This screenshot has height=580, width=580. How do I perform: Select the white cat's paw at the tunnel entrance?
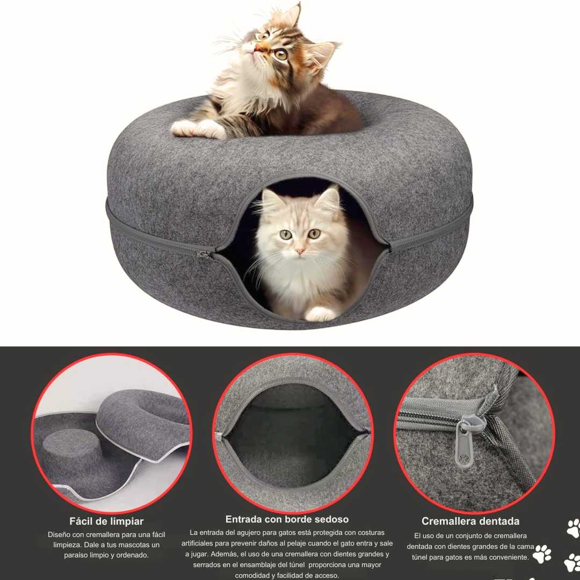pyautogui.click(x=320, y=314)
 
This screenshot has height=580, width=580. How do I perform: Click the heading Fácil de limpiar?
pyautogui.click(x=106, y=521)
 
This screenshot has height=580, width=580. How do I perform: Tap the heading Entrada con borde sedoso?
pyautogui.click(x=287, y=519)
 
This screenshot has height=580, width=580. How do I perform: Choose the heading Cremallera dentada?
pyautogui.click(x=470, y=521)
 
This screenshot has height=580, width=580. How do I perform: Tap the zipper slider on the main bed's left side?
pyautogui.click(x=204, y=253)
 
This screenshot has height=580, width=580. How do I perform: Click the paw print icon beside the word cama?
pyautogui.click(x=542, y=553)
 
